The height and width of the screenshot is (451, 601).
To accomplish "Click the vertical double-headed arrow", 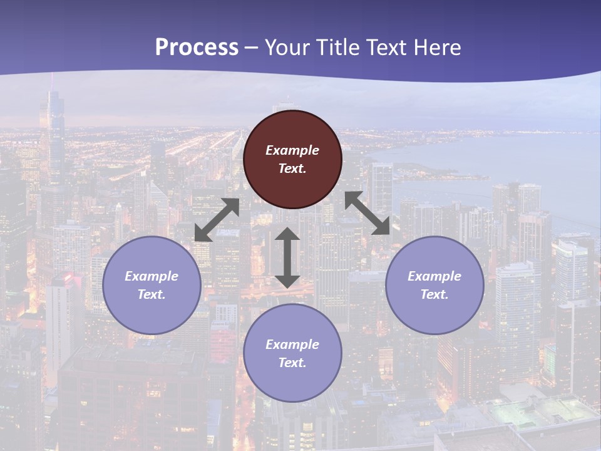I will click(x=287, y=257).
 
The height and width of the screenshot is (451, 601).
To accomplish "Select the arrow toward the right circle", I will click(x=367, y=213).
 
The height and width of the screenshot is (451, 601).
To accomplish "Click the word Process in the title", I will click(x=197, y=47).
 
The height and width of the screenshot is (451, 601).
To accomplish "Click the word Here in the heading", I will click(x=436, y=47).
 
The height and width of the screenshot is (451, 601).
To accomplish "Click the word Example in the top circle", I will click(x=292, y=150).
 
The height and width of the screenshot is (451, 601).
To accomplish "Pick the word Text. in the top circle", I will click(x=292, y=168).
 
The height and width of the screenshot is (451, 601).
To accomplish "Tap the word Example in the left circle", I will click(x=152, y=276).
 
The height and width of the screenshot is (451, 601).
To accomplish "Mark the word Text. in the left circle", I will click(x=152, y=294).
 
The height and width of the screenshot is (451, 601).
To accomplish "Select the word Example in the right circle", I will click(x=434, y=276).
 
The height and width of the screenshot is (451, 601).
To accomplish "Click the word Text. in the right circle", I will click(x=434, y=294).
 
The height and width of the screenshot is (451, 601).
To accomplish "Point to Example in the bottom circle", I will click(x=292, y=345).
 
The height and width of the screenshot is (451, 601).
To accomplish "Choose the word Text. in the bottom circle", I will click(x=292, y=363).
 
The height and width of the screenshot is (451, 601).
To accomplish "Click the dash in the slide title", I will click(x=252, y=48).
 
